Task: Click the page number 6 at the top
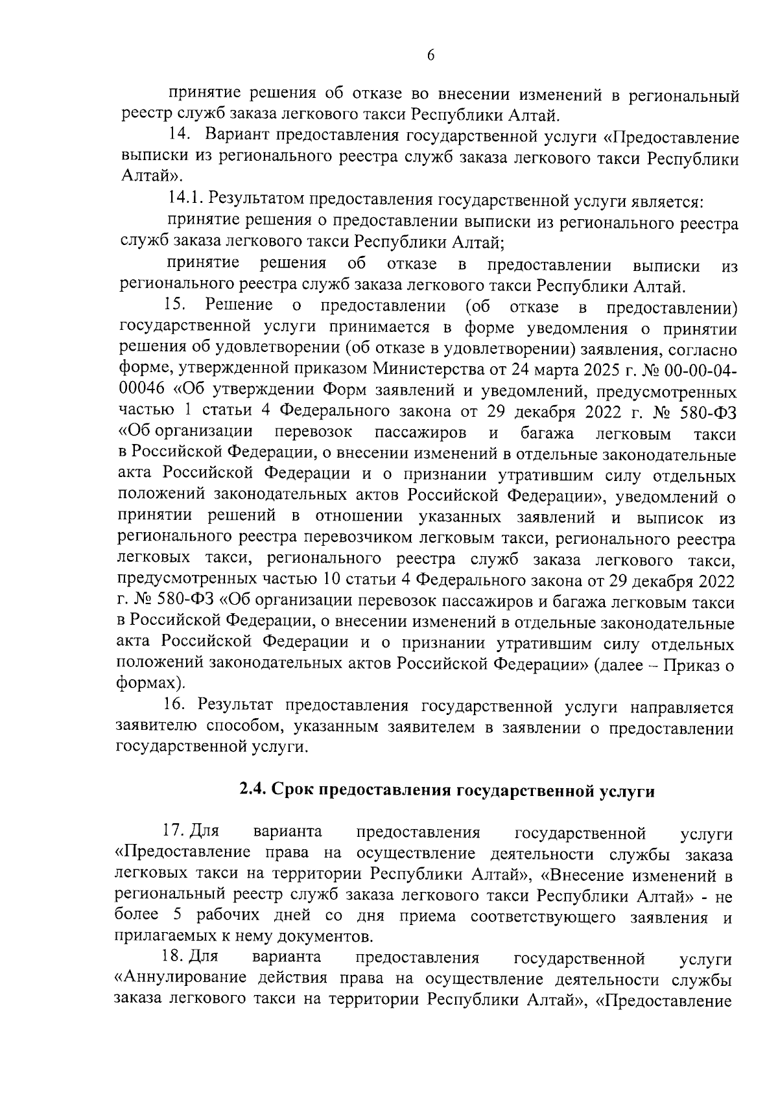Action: point(430,56)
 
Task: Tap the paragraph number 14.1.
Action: point(185,200)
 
